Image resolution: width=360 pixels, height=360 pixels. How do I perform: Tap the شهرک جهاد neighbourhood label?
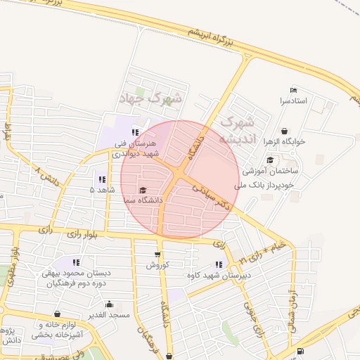point(150,98)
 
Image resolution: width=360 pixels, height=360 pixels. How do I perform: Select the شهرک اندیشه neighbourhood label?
point(236,130)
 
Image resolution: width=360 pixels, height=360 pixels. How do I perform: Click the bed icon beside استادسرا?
point(293,90)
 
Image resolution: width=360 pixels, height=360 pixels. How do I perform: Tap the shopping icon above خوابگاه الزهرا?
point(284,131)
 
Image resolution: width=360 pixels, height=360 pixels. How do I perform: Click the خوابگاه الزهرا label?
point(284,141)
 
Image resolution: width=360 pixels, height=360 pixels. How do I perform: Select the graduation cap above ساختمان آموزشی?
point(270,160)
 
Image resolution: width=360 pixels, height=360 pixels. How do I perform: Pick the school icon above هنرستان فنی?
point(135,131)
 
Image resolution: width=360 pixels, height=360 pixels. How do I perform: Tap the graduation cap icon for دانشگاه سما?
point(143,190)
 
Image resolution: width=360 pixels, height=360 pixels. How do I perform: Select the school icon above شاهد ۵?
point(102,179)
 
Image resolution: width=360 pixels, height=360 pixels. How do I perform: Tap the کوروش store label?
point(157,265)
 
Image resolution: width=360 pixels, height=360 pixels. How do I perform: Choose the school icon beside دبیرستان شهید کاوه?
point(219,264)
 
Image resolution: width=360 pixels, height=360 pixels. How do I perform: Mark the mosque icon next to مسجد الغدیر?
point(109,304)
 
